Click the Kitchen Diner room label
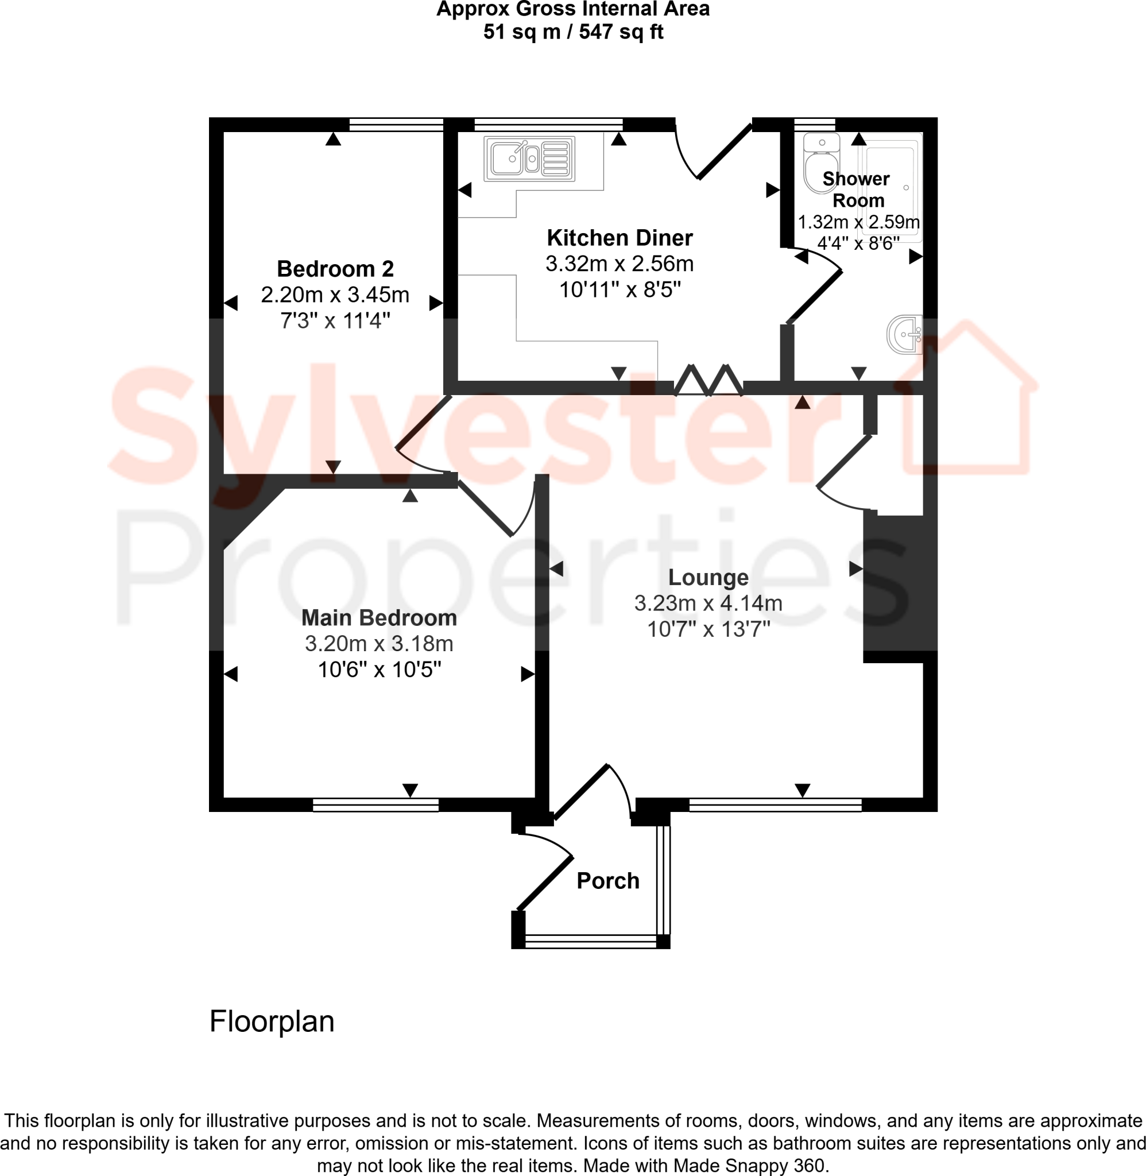pos(620,238)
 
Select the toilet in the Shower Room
pos(822,163)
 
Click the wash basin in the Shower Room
pos(905,335)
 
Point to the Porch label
pos(607,881)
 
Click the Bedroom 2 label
pos(335,268)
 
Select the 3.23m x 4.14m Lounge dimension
pos(708,603)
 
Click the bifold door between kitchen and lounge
pos(708,380)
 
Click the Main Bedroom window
pos(375,804)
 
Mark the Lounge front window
pos(775,804)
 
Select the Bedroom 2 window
pos(396,125)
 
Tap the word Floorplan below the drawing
pos(272,1022)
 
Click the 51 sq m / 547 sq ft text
pos(572,32)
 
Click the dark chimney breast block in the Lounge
pos(900,584)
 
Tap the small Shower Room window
pos(814,125)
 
